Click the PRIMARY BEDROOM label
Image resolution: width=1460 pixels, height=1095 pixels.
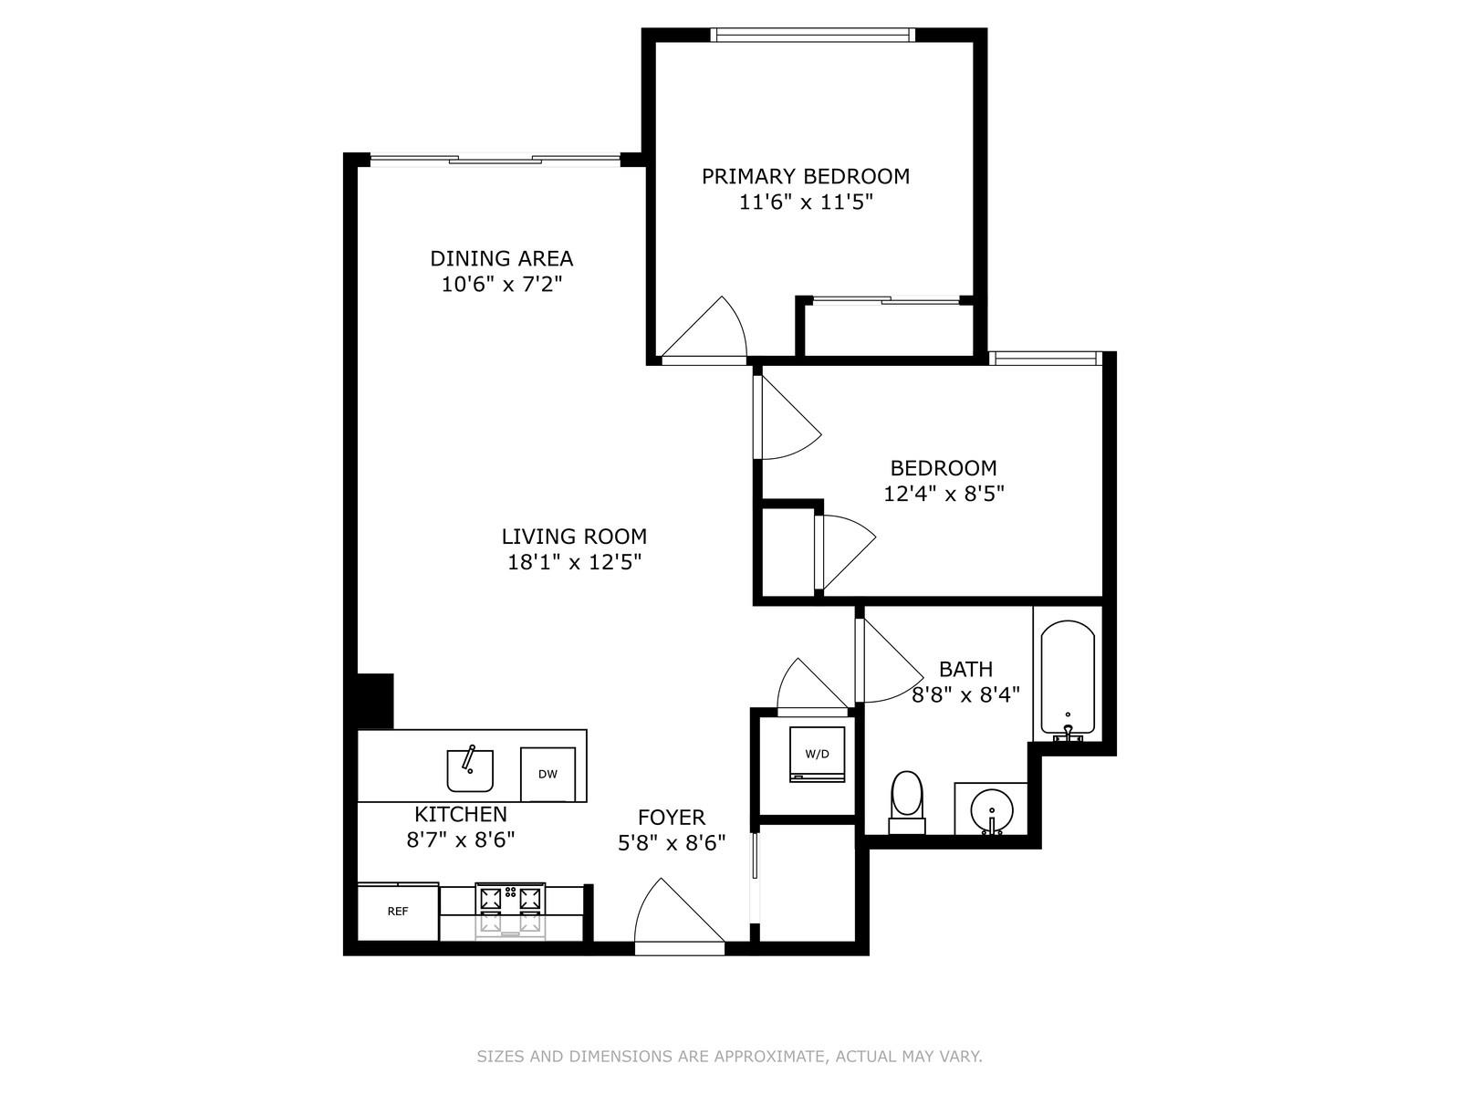click(805, 176)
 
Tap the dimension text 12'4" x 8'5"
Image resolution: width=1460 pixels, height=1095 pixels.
click(944, 495)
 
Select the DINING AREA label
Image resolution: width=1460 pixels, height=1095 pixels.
click(501, 258)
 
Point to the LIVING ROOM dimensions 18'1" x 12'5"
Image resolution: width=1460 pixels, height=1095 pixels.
click(574, 562)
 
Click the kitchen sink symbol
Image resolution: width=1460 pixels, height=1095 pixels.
click(470, 770)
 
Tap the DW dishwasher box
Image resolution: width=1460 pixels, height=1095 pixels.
click(547, 775)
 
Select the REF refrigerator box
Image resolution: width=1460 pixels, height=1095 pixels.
click(398, 912)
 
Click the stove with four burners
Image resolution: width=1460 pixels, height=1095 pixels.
click(510, 910)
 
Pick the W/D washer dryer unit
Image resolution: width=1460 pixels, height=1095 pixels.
click(817, 754)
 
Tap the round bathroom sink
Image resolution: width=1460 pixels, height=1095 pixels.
click(991, 808)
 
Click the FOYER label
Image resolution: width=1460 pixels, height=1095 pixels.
click(671, 818)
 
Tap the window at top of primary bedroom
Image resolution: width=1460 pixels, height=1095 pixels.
click(812, 36)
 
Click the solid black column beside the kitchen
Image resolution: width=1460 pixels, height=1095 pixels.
click(374, 701)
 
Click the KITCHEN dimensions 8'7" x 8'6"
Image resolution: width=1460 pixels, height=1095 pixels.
click(461, 839)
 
